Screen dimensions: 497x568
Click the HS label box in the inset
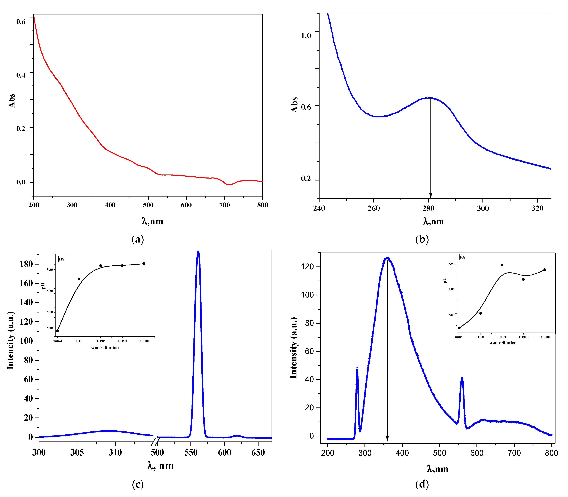[62, 259]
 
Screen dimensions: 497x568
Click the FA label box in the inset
[462, 257]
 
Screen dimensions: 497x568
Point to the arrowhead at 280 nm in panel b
[430, 196]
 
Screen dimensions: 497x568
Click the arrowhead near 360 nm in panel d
[387, 439]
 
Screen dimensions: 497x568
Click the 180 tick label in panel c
[26, 264]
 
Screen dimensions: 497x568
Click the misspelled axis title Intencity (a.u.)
[11, 341]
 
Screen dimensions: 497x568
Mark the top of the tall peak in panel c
[198, 251]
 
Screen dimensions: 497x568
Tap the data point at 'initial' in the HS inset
[57, 331]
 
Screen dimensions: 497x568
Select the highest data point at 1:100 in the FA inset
[502, 265]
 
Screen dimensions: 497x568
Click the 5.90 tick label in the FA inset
[451, 264]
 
